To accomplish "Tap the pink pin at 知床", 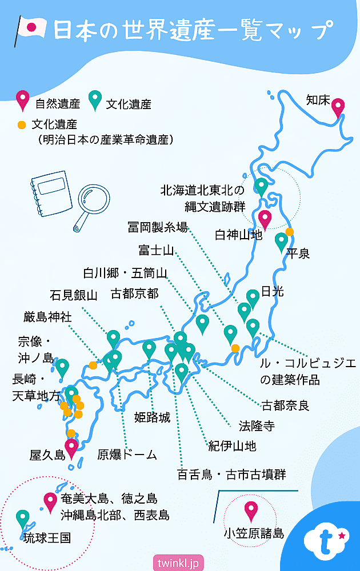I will (338, 107).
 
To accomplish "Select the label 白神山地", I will (238, 234).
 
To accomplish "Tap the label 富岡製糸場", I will (158, 227).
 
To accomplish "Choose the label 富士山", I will (156, 250).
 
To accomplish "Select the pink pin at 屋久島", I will (71, 448).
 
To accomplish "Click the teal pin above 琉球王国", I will (23, 518).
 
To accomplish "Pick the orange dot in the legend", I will (22, 124).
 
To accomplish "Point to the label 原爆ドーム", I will (127, 455).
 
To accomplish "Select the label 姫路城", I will (152, 417).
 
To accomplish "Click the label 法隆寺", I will (257, 425).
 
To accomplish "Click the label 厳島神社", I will (48, 317).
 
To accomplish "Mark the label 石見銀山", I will (74, 295).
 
